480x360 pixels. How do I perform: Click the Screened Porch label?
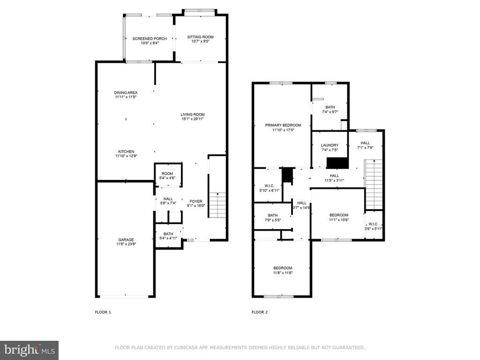150,38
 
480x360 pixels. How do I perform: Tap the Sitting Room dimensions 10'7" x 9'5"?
201,41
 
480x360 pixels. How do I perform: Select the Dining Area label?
126,92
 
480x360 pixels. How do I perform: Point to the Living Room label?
193,114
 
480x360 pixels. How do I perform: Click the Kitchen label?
126,151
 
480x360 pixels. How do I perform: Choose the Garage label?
126,240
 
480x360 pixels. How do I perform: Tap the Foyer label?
196,201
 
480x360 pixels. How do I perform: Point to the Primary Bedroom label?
283,125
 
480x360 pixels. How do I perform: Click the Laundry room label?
330,145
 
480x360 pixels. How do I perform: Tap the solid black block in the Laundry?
337,163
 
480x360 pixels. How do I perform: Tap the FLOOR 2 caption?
260,312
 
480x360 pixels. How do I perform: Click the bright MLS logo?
30,350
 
